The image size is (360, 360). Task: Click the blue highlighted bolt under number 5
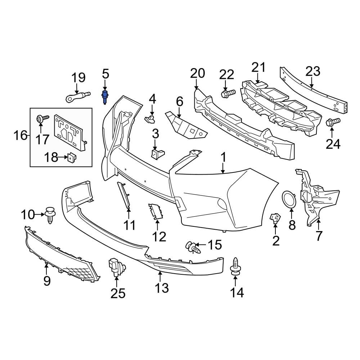click(105, 96)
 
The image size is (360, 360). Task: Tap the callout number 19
click(78, 77)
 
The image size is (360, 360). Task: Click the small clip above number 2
click(275, 217)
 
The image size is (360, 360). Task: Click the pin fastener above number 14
click(235, 266)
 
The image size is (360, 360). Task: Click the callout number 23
click(312, 72)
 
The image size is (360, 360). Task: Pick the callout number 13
click(162, 288)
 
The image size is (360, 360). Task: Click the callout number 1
click(223, 157)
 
